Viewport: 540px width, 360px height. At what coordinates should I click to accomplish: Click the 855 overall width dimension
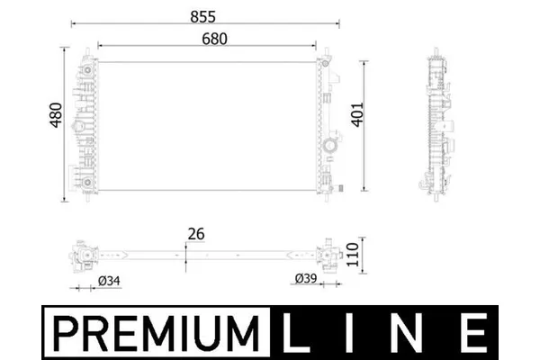(x=202, y=16)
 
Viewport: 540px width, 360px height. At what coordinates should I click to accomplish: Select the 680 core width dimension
(x=214, y=39)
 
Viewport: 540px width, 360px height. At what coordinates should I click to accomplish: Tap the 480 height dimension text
(x=56, y=115)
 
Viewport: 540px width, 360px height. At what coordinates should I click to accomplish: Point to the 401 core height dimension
(x=357, y=114)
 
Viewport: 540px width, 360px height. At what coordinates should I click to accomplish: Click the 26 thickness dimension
(x=196, y=234)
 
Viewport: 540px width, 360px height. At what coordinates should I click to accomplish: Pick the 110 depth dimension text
(x=352, y=255)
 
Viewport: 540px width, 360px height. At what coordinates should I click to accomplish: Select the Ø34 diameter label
(x=109, y=281)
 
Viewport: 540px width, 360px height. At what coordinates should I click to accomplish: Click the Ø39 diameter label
(x=306, y=278)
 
